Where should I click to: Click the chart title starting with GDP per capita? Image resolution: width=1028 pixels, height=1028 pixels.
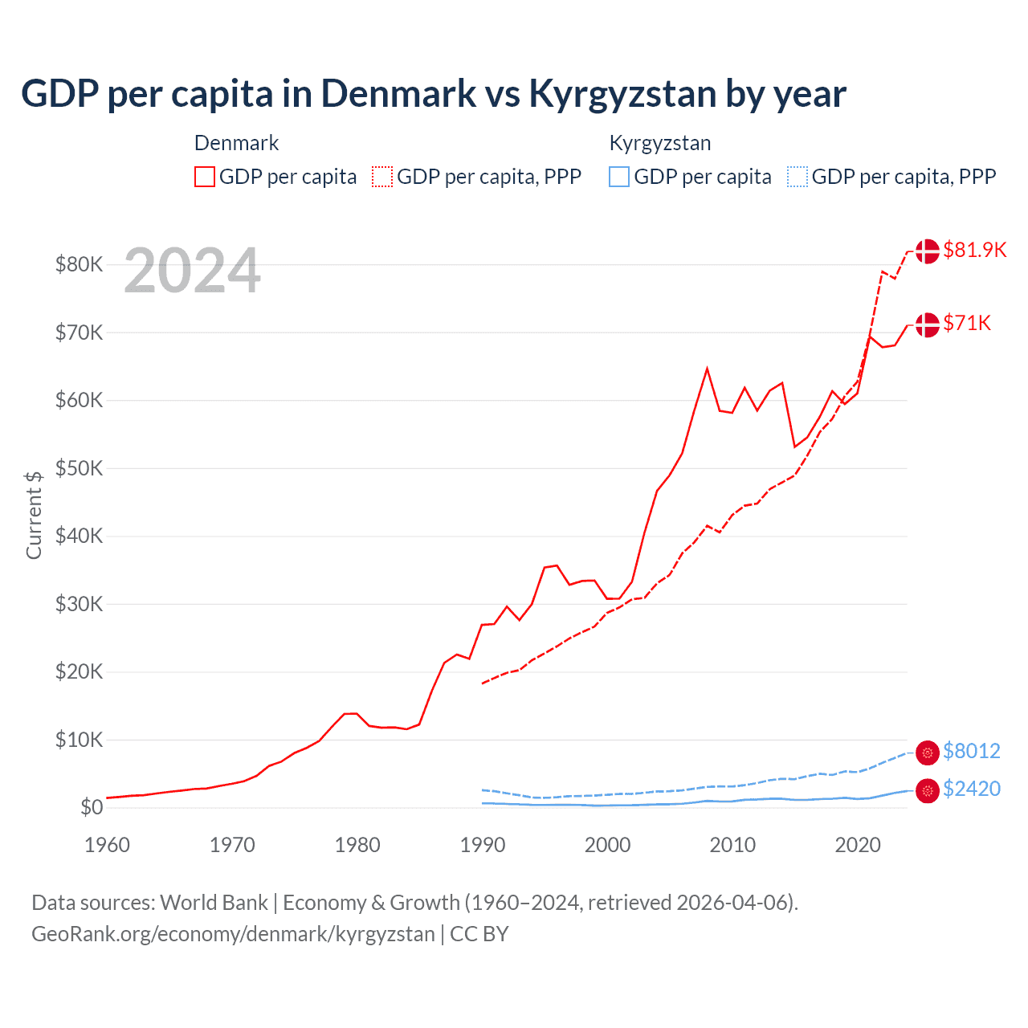click(434, 93)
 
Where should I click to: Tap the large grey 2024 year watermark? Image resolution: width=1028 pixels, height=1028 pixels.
click(192, 271)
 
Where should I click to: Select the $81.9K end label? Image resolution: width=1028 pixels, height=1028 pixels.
click(974, 250)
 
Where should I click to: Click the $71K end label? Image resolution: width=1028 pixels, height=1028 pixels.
click(967, 323)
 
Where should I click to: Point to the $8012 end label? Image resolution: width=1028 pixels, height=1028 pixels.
click(971, 751)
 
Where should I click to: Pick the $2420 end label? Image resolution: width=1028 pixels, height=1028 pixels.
click(971, 789)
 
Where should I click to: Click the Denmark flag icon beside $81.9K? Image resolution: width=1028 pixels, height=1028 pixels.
click(928, 251)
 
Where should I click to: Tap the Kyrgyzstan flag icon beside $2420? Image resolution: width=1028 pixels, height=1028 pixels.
click(928, 790)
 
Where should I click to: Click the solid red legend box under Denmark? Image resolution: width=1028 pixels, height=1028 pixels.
click(205, 177)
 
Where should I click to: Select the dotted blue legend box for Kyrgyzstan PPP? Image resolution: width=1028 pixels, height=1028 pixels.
click(798, 177)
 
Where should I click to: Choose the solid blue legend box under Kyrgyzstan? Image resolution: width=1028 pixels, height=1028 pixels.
click(619, 177)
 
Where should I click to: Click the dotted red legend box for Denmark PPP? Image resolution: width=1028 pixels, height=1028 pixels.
click(382, 177)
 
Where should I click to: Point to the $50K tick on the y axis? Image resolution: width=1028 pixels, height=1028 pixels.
click(79, 468)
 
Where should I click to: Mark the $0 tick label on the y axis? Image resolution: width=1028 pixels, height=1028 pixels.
click(92, 807)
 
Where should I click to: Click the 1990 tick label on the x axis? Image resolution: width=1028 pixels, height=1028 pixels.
click(483, 845)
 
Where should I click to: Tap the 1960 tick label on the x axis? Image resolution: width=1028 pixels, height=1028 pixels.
click(107, 845)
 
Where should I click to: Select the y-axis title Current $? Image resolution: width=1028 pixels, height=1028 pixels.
click(34, 515)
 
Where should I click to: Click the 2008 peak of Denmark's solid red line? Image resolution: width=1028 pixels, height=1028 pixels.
click(707, 369)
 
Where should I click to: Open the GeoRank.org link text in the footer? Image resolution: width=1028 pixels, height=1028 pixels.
click(233, 934)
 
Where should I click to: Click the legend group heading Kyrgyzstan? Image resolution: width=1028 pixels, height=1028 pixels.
click(660, 143)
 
